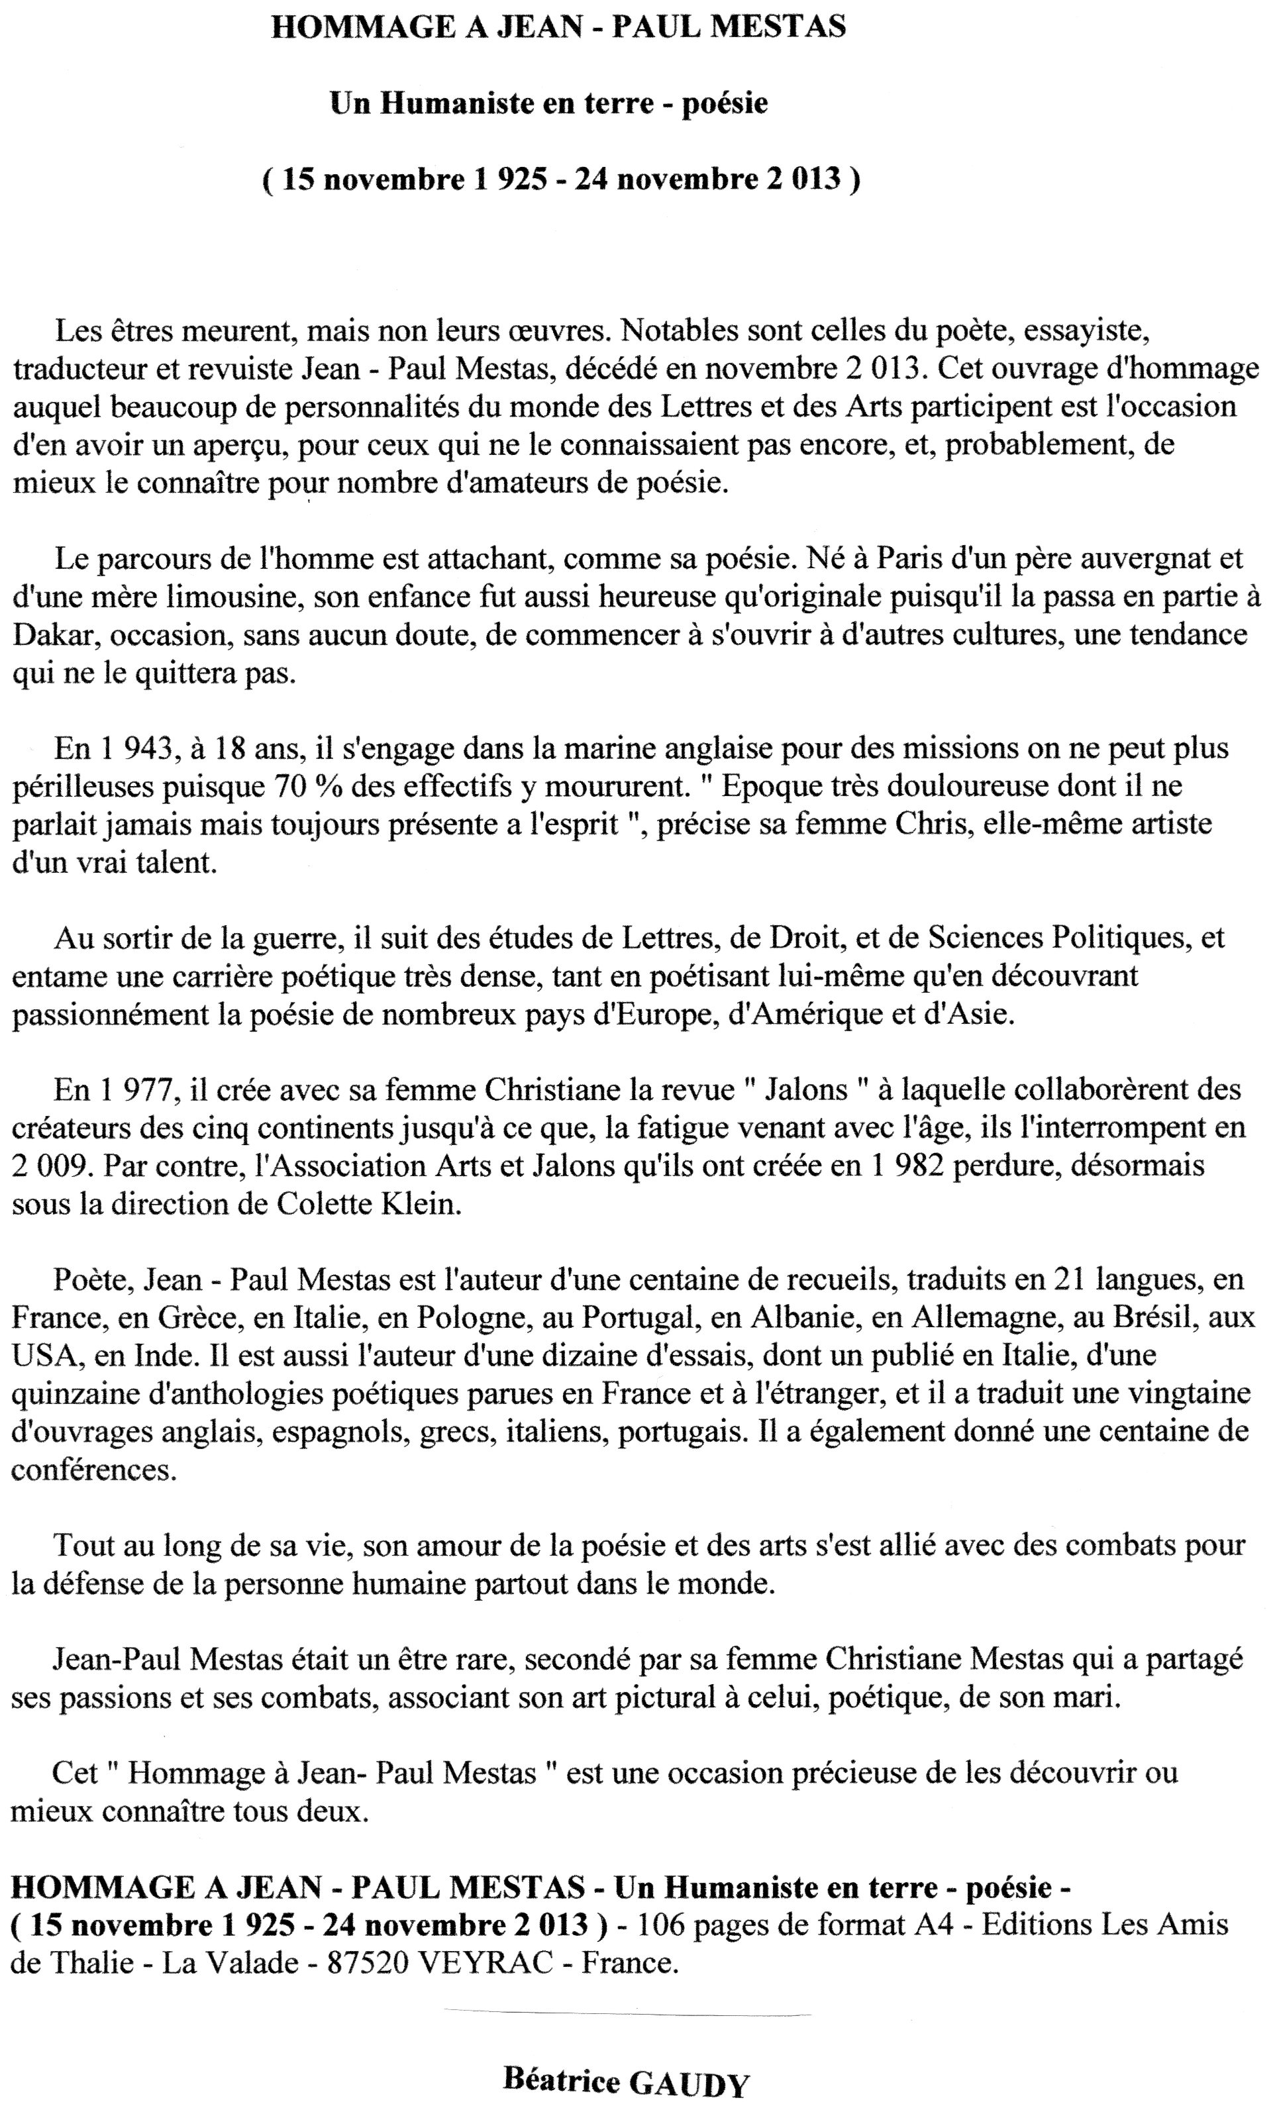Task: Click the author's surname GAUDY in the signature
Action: (x=688, y=2082)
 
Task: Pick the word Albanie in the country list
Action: (x=803, y=1317)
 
